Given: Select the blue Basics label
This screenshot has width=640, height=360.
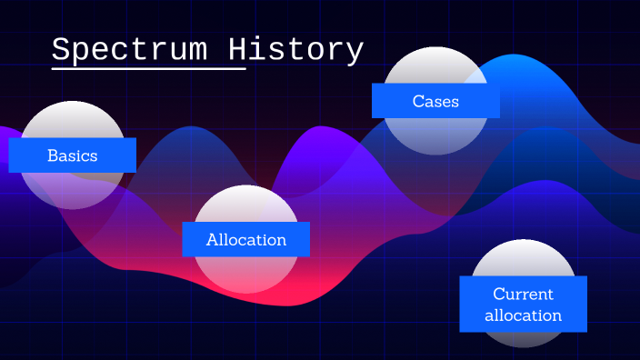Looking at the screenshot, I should [73, 155].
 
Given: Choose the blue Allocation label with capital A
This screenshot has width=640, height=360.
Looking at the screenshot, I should [245, 240].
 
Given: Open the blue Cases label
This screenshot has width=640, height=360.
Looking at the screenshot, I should [435, 101].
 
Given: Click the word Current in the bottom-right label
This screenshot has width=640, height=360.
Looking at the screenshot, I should [523, 295].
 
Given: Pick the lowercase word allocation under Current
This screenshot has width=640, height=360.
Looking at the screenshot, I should [523, 315].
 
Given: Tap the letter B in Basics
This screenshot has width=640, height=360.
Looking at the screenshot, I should [53, 155].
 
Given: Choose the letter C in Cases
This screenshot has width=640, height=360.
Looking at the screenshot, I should [418, 101].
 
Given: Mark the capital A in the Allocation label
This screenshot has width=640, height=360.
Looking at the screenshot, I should [212, 240].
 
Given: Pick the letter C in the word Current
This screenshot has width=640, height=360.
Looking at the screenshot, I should [498, 295].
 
